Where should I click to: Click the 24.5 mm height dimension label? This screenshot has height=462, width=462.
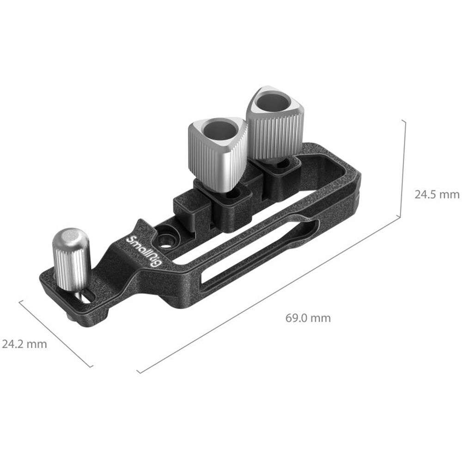click(x=437, y=195)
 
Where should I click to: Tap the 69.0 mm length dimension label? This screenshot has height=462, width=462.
click(x=308, y=318)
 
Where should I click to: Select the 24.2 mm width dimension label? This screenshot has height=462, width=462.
click(x=24, y=344)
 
